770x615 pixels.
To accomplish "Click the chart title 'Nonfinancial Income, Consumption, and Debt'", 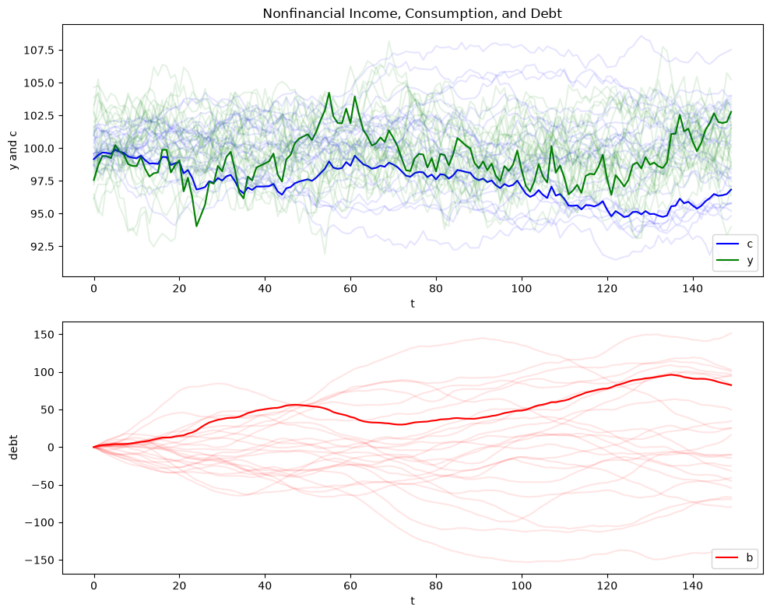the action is (412, 13).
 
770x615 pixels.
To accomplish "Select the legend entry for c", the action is (735, 244).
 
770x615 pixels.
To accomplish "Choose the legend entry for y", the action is (735, 260).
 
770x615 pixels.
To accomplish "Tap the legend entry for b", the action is (735, 557).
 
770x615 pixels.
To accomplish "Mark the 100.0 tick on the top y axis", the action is (39, 149).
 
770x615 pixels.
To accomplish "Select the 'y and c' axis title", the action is (13, 148).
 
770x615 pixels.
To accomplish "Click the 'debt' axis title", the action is (13, 447).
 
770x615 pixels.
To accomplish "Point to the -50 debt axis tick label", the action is (43, 485).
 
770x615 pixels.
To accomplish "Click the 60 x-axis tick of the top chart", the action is (350, 288).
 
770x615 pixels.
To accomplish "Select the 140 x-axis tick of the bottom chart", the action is (692, 585).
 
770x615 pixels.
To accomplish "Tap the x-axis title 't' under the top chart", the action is (413, 304).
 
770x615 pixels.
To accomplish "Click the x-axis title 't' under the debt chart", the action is (413, 601).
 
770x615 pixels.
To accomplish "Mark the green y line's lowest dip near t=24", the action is (196, 226).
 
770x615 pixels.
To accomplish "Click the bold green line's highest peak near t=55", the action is (329, 93).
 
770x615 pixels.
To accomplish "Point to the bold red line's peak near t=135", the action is (671, 374).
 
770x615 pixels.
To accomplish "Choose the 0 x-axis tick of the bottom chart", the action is (93, 585).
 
